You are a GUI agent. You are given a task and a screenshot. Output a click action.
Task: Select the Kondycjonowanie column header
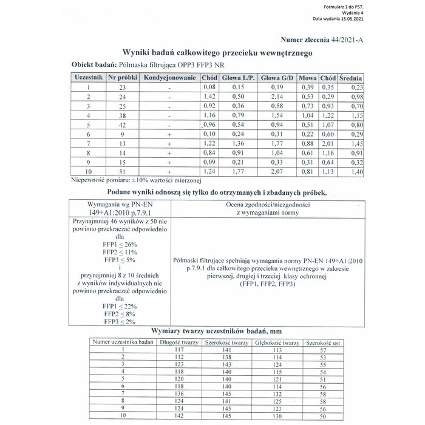171,78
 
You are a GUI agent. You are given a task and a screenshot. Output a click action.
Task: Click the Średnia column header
351,78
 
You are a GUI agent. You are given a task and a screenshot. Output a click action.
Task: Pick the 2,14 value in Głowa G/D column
277,97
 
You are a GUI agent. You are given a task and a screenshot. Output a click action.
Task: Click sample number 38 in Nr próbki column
122,115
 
